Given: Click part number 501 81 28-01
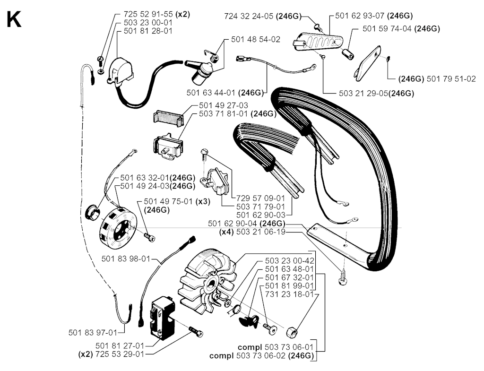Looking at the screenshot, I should point(147,31).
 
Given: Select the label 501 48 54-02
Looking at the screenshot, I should point(255,40).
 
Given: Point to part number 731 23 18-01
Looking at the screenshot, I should point(289,294).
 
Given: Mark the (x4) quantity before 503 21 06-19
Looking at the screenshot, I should point(227,232).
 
